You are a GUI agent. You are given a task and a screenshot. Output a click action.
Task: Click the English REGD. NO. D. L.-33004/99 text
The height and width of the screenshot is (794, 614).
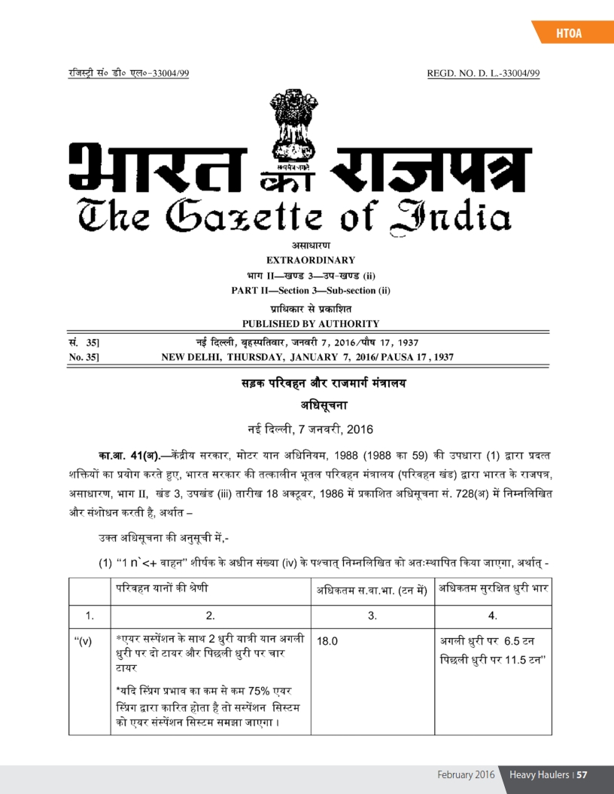(483, 73)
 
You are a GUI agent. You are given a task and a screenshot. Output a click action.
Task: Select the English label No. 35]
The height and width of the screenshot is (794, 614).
(77, 356)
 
